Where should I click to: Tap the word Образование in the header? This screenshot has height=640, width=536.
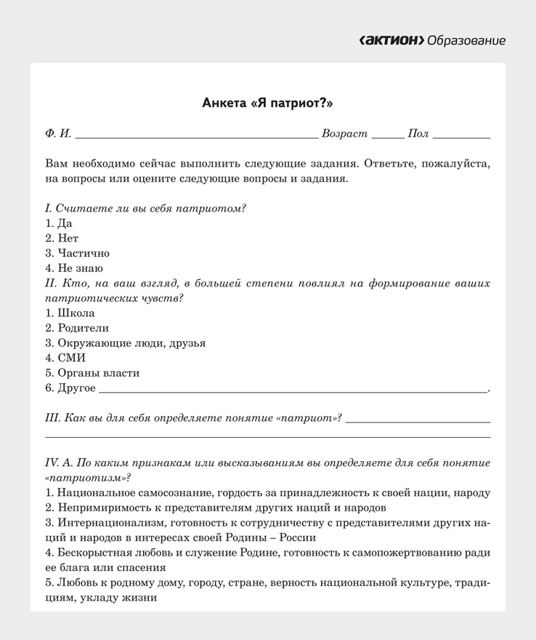pos(467,40)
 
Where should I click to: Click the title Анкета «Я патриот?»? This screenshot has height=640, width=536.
pos(267,103)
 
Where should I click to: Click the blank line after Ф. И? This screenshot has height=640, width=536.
pos(196,135)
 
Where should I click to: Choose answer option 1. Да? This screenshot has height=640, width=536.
pos(59,223)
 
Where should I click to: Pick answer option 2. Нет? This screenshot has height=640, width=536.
pos(62,238)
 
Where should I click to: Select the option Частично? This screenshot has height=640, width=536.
pos(77,253)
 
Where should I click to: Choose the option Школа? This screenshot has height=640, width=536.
pos(70,313)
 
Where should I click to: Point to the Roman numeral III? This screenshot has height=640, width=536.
pos(52,418)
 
